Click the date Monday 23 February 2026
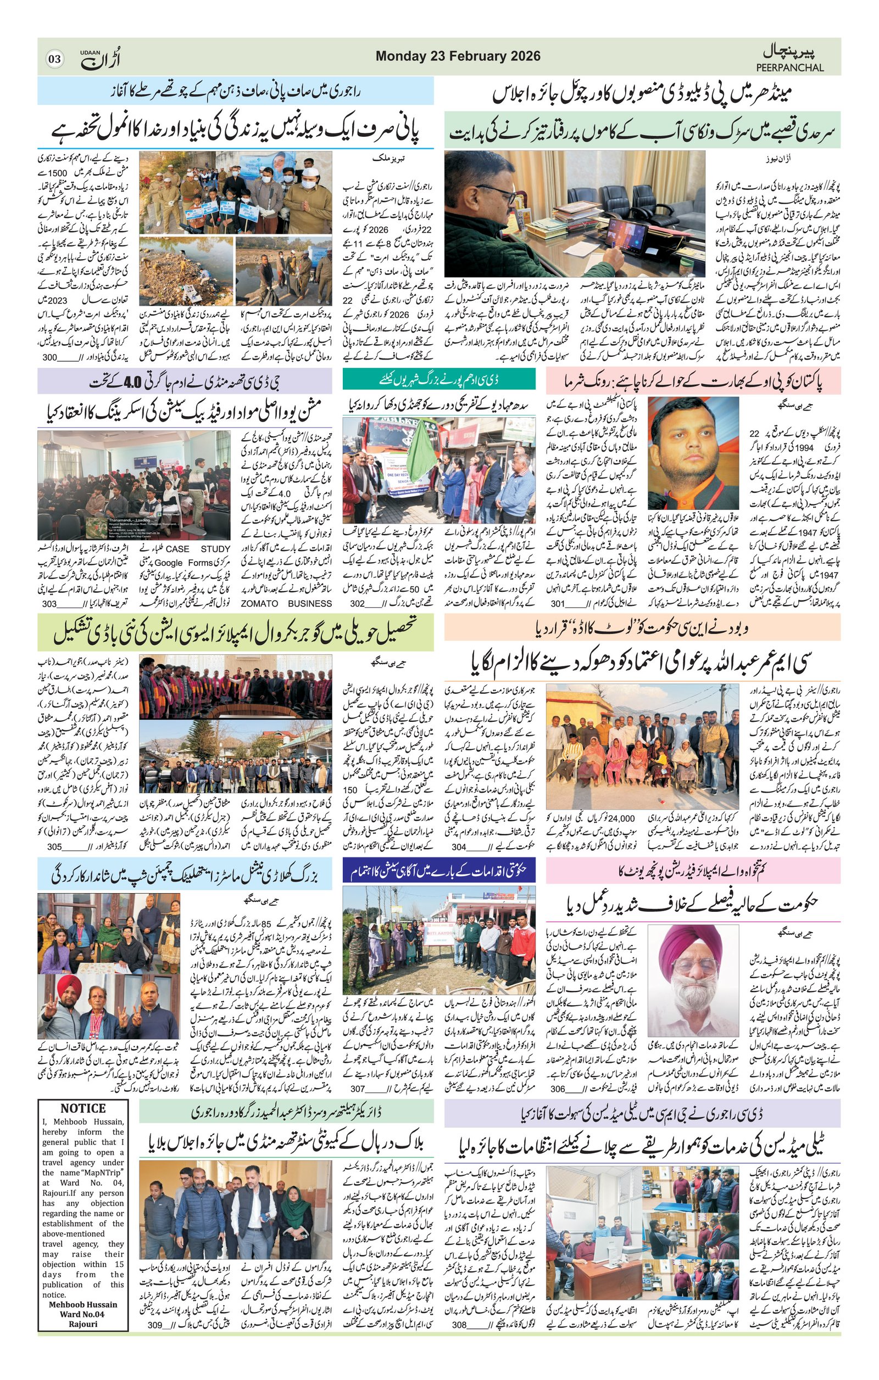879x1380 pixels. point(458,56)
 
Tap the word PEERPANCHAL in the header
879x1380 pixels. point(789,68)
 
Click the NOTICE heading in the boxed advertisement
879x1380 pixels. point(82,1108)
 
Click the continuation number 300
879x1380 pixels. point(51,357)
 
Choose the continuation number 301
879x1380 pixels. point(558,603)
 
